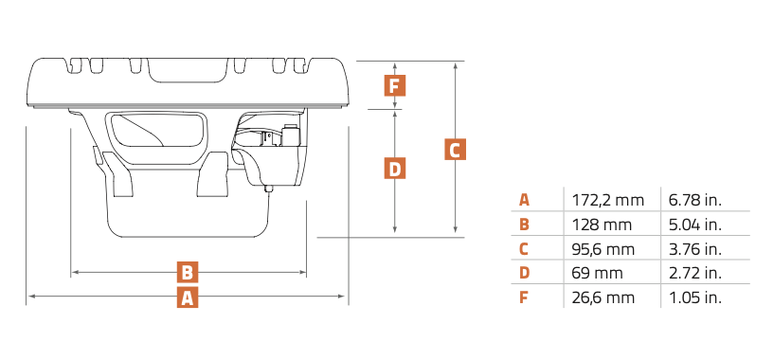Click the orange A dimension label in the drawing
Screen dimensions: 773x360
[x=188, y=297]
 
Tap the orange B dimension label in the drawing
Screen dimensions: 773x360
[x=188, y=272]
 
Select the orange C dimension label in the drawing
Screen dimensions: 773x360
[x=455, y=150]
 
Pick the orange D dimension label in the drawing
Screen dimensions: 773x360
[x=395, y=169]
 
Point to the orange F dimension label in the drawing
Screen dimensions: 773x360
[x=395, y=85]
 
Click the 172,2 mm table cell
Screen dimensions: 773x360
[x=608, y=200]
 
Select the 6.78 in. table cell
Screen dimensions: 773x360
[x=695, y=200]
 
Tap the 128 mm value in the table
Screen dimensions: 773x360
[x=602, y=225]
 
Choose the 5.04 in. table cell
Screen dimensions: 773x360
[x=695, y=225]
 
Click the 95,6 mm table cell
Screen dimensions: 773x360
[x=603, y=249]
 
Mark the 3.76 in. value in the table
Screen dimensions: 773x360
[x=695, y=249]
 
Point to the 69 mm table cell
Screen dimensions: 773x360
[x=597, y=273]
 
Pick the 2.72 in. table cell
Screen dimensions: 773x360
[x=695, y=273]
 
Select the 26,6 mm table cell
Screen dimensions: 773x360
[x=603, y=297]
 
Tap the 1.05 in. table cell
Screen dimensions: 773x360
[x=695, y=297]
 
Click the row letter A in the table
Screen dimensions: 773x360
[x=524, y=200]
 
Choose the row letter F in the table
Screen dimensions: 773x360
[x=524, y=297]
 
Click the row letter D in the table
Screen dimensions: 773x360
[x=524, y=273]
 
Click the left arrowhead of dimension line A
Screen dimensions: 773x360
[x=31, y=297]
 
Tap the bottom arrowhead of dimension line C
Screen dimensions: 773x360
[x=455, y=229]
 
